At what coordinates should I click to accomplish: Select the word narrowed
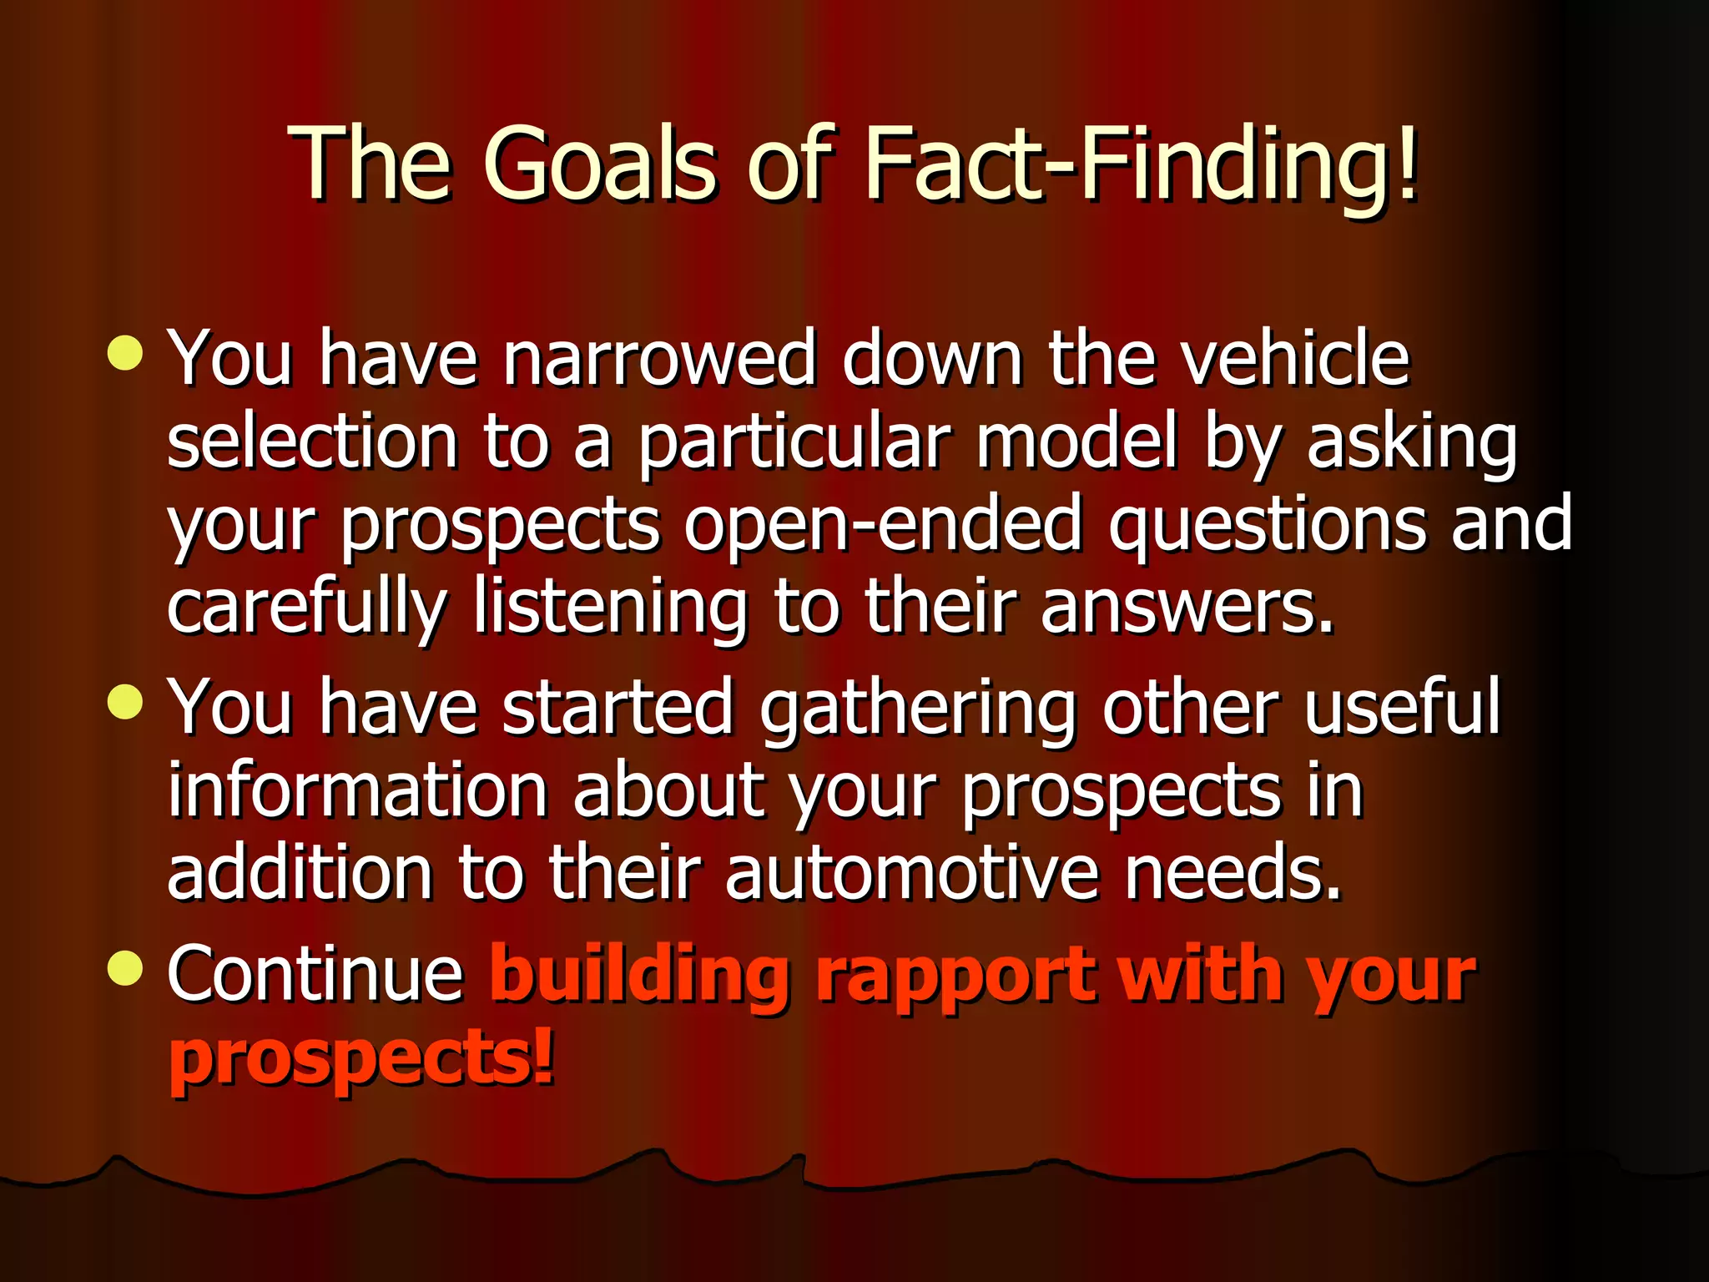pyautogui.click(x=658, y=358)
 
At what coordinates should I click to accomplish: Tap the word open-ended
pyautogui.click(x=883, y=524)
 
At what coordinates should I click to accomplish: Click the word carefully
pyautogui.click(x=307, y=608)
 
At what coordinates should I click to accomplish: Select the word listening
pyautogui.click(x=611, y=608)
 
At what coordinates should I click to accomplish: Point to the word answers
pyautogui.click(x=1187, y=608)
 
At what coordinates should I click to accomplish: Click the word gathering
pyautogui.click(x=918, y=708)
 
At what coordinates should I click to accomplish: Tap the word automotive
pyautogui.click(x=911, y=873)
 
